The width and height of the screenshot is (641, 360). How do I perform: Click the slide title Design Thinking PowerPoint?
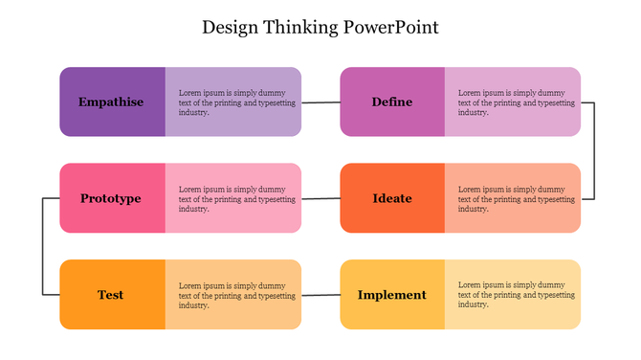(x=320, y=27)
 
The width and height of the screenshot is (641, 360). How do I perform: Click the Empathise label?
(x=111, y=102)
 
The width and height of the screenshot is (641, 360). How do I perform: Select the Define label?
(x=392, y=102)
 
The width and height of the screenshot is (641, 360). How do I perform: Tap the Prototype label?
(x=111, y=198)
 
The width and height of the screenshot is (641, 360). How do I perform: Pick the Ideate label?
(x=392, y=198)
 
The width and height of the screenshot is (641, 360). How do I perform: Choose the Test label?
(x=111, y=295)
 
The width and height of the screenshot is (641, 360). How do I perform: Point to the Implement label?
(x=392, y=295)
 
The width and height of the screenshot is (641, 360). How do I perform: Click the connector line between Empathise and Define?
(x=320, y=102)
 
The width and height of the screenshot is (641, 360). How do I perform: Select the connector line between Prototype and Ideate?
(x=320, y=198)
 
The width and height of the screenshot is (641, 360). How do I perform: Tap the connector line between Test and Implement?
(x=320, y=295)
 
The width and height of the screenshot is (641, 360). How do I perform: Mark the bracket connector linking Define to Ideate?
(x=594, y=150)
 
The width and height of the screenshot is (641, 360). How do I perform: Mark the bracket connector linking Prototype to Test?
(x=43, y=246)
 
